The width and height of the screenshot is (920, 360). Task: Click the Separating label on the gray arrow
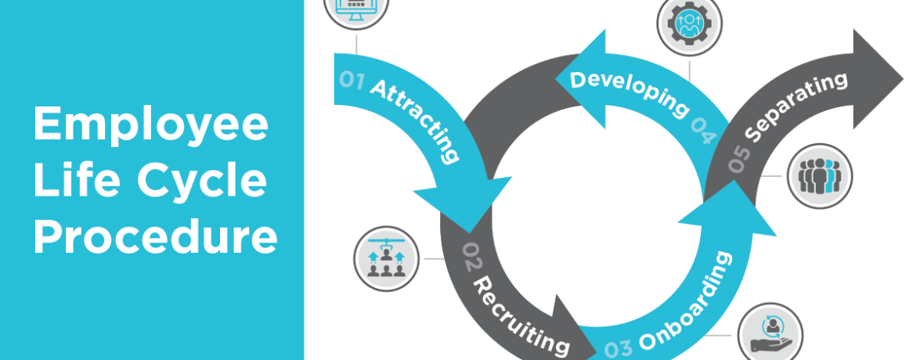pos(794,106)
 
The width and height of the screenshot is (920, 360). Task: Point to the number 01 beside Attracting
pos(352,80)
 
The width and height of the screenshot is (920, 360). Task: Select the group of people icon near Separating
pos(819,176)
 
